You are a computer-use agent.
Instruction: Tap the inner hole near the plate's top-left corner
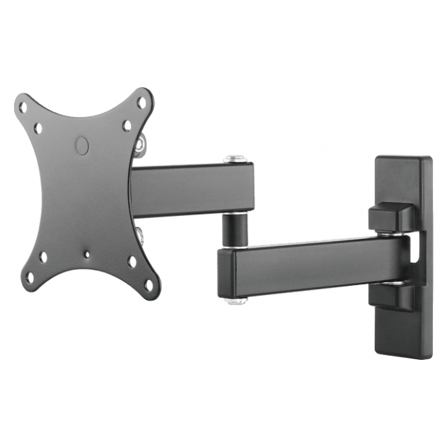coord(38,128)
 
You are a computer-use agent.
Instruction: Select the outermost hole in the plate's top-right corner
coord(142,103)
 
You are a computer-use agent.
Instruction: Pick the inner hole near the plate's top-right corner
coord(127,126)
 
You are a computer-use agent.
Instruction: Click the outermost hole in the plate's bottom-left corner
coord(28,277)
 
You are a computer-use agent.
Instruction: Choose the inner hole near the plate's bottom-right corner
coord(132,261)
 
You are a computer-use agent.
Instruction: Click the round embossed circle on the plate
coord(82,145)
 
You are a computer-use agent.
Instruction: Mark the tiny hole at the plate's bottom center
coord(86,255)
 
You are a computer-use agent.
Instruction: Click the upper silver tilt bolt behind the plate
coord(139,146)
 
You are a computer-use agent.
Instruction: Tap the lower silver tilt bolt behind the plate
coord(140,234)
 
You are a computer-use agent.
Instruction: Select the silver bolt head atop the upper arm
coord(234,159)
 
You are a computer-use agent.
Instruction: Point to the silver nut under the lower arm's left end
coord(234,300)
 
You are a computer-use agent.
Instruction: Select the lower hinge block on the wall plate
coord(392,295)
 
